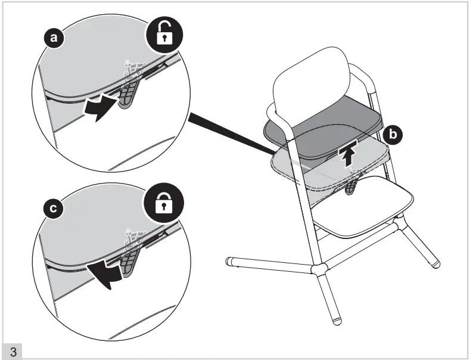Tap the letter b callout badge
(392, 135)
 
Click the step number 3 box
(13, 350)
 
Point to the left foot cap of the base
(230, 260)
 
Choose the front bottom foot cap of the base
(337, 321)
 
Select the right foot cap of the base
(435, 262)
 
